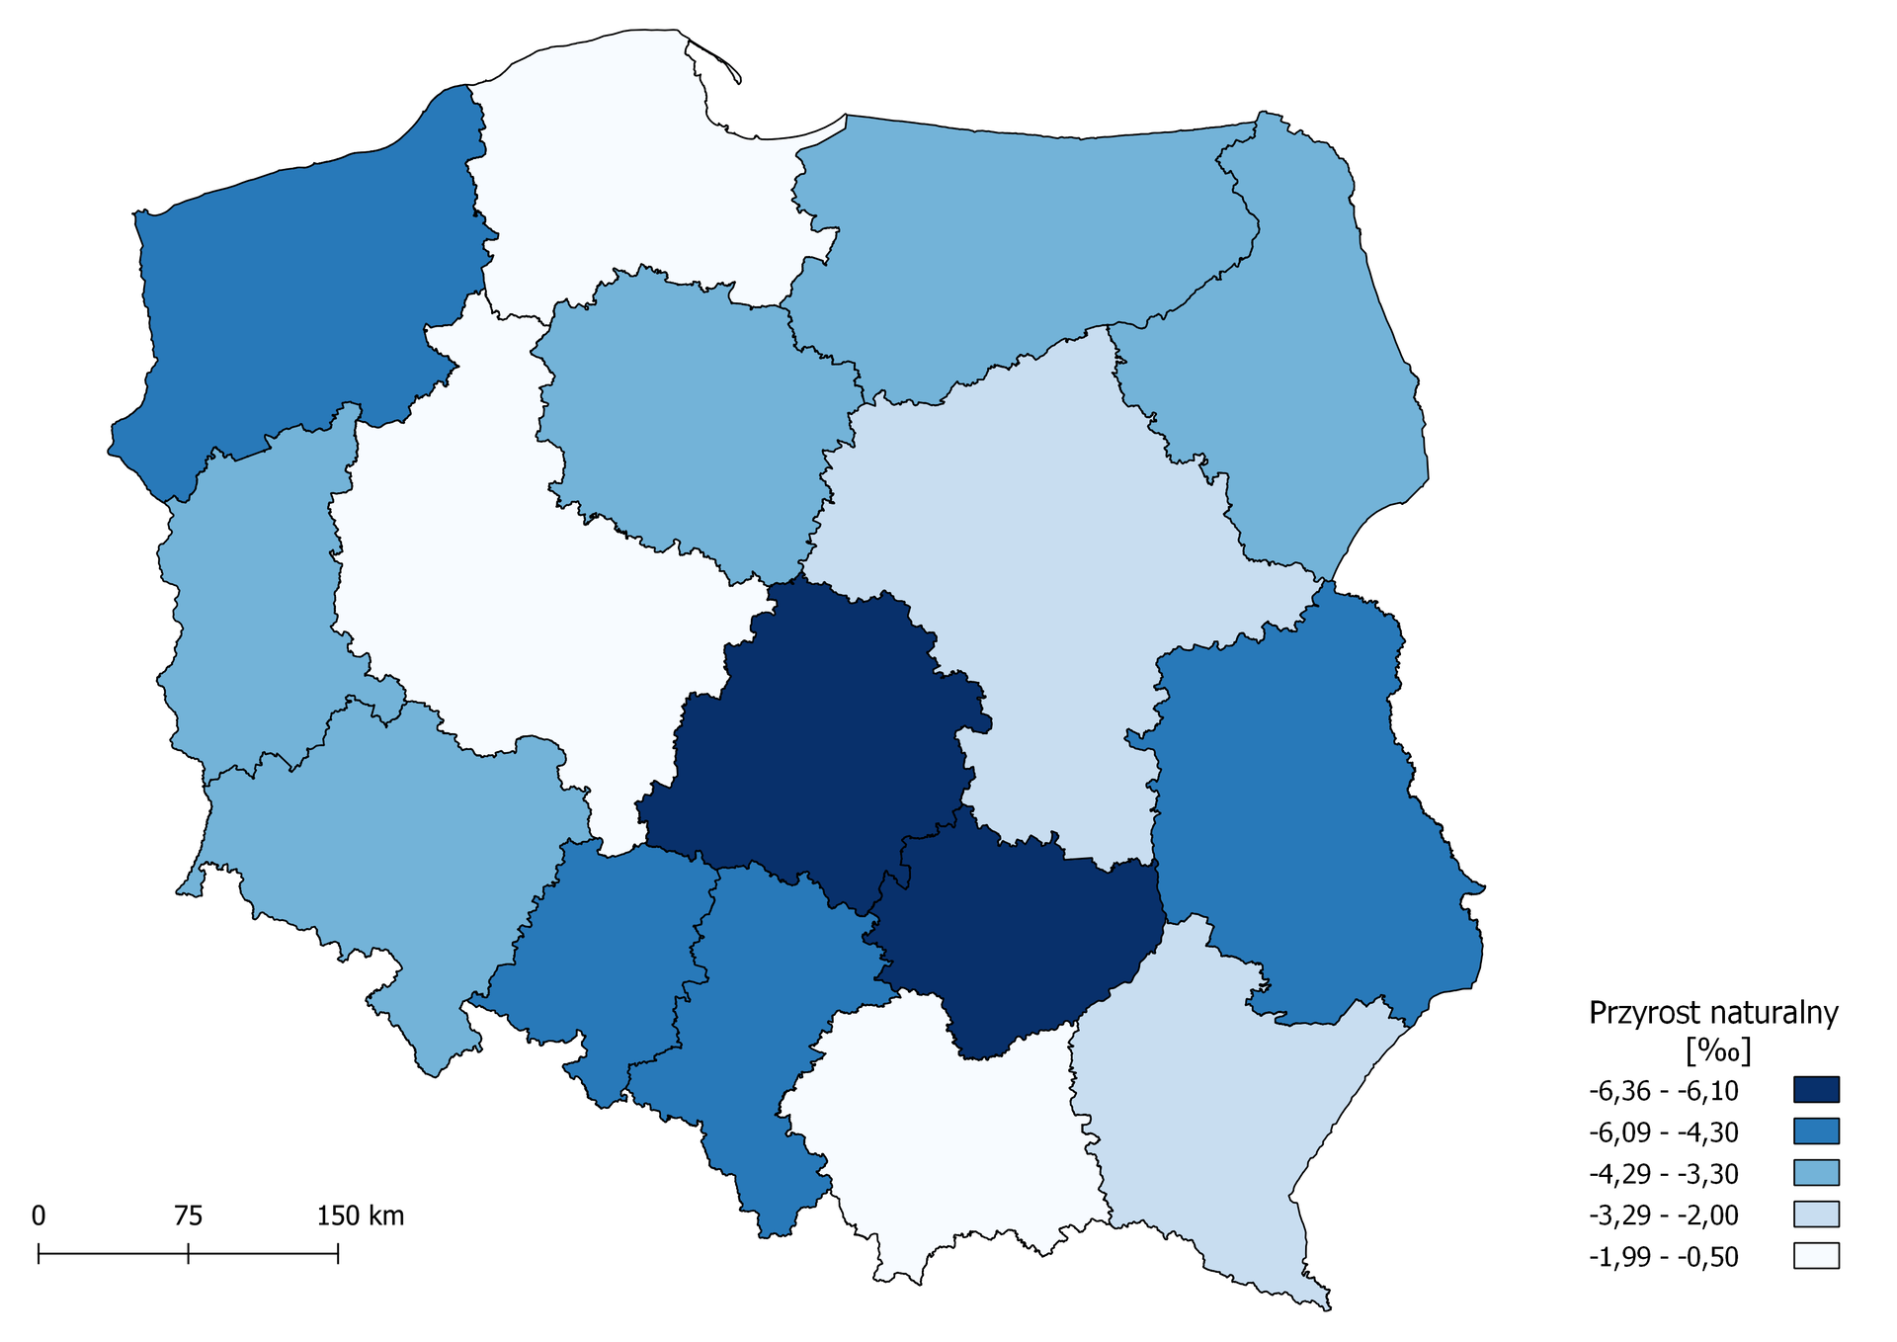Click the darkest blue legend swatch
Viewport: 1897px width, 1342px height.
click(x=1816, y=1090)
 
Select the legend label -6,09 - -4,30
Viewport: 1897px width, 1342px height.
click(x=1664, y=1132)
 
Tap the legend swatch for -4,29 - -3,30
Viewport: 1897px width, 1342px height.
click(x=1816, y=1173)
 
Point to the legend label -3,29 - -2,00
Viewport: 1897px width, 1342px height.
click(x=1664, y=1216)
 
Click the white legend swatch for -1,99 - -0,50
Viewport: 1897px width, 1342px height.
click(x=1816, y=1256)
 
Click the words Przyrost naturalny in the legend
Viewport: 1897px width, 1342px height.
click(x=1713, y=1013)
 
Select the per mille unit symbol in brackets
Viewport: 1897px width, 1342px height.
click(x=1718, y=1050)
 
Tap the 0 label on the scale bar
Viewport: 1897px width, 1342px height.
click(x=39, y=1216)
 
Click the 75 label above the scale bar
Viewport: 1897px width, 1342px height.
click(x=188, y=1216)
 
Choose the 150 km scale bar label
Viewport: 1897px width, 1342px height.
click(x=360, y=1216)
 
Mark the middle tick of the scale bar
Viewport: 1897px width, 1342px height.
click(x=188, y=1254)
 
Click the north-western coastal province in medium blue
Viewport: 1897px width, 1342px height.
click(x=296, y=296)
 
